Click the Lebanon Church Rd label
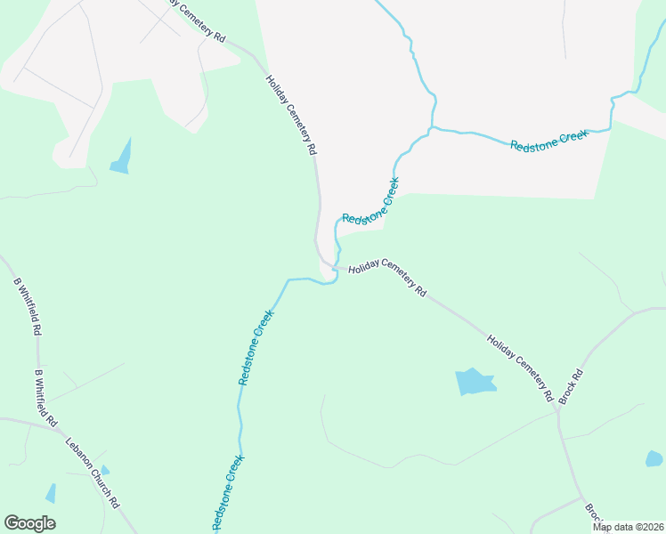[93, 472]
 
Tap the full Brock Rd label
[572, 386]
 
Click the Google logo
[29, 523]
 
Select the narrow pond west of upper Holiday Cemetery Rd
[121, 158]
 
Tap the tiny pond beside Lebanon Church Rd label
[105, 469]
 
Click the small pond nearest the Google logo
[51, 493]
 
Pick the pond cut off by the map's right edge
[654, 459]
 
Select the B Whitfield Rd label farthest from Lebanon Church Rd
[28, 306]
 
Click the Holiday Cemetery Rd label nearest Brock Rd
[521, 367]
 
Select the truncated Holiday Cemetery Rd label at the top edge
[198, 20]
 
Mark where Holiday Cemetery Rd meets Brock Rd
[557, 408]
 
